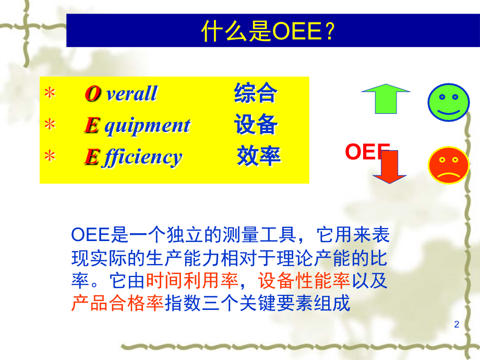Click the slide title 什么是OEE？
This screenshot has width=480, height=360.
[268, 31]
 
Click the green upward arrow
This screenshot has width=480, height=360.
[386, 99]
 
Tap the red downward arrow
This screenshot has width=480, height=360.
[389, 167]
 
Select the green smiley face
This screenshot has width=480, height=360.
[449, 102]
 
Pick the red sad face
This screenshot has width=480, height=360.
[449, 165]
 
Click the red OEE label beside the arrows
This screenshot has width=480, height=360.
[367, 151]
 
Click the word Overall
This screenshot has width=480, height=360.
[121, 93]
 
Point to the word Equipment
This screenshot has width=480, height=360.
[137, 126]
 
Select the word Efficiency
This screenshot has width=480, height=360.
[133, 157]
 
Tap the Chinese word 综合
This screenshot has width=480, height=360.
[256, 93]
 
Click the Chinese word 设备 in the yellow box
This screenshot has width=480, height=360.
[256, 124]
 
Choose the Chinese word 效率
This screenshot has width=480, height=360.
[259, 156]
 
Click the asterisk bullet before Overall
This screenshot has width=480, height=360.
[50, 93]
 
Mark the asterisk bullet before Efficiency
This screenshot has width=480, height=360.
[50, 156]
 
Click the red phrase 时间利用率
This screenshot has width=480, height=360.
[191, 280]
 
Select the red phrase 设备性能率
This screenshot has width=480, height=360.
[304, 280]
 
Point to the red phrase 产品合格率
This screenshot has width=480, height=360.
[117, 303]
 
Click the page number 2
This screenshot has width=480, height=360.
[457, 324]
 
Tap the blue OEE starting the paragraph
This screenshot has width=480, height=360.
[91, 235]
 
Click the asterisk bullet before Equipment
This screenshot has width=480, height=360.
[50, 125]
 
